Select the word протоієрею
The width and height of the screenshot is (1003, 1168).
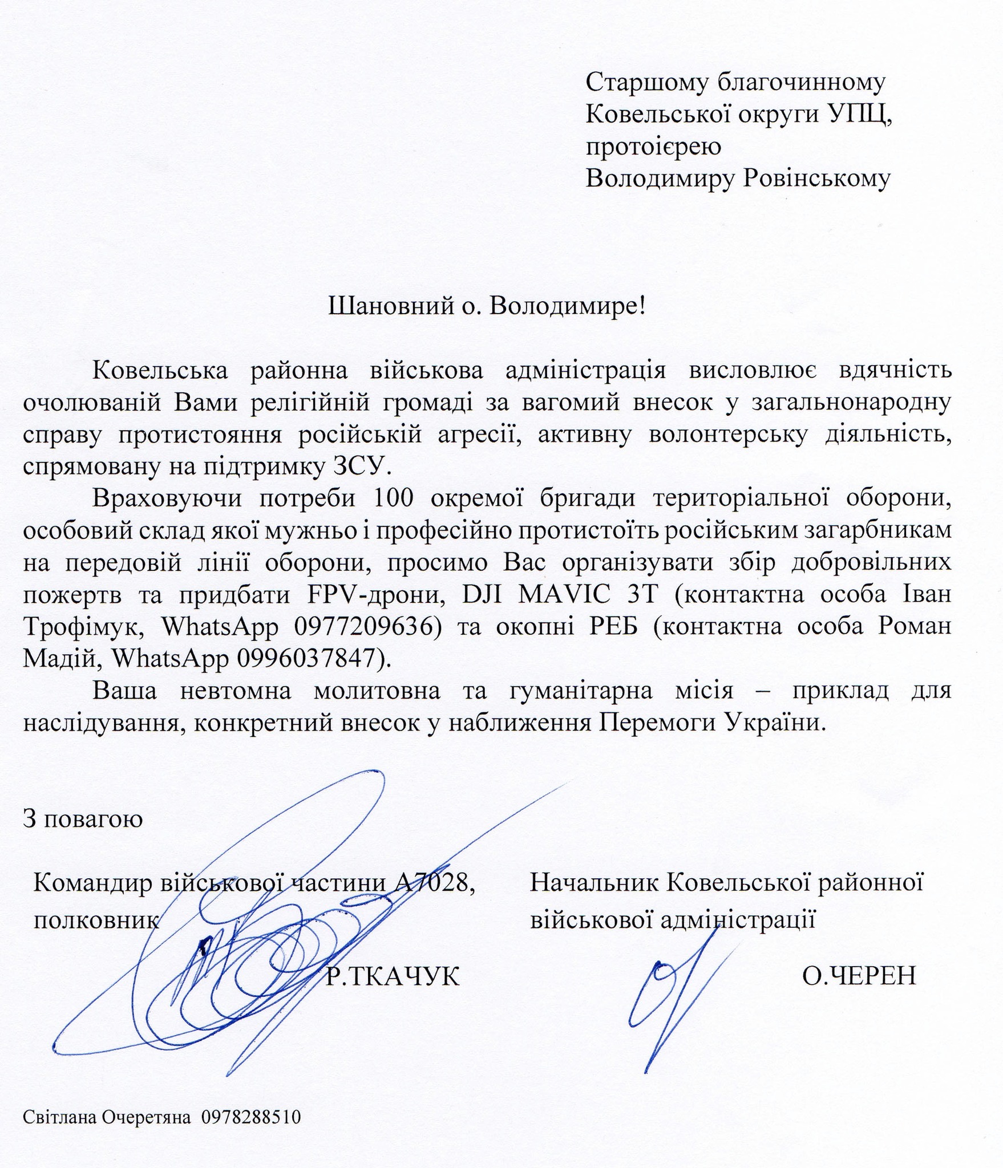653,147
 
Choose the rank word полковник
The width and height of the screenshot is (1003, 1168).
96,920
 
